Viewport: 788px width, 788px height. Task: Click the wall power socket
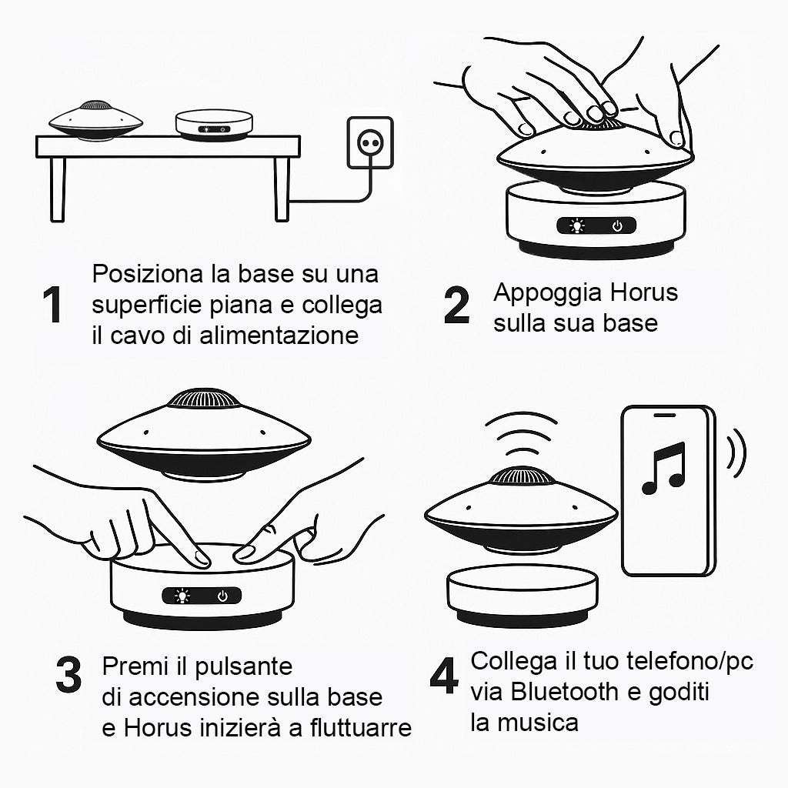point(370,142)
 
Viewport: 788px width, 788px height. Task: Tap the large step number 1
point(52,305)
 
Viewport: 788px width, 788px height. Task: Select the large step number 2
point(456,305)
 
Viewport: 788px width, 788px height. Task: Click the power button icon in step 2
point(617,226)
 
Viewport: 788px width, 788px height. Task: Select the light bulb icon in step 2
point(576,226)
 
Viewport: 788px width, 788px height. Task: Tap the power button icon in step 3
point(222,596)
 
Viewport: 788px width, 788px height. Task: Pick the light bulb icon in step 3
point(182,596)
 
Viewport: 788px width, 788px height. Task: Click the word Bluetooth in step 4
point(564,692)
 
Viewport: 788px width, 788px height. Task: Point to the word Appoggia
point(548,293)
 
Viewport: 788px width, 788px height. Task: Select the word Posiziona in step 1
point(149,274)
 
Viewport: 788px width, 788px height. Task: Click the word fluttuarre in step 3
point(360,727)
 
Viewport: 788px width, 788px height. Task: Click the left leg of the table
point(58,189)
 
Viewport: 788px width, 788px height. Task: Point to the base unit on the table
point(214,125)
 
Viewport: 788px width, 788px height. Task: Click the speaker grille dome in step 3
point(203,399)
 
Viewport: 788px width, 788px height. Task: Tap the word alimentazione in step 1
point(279,336)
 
